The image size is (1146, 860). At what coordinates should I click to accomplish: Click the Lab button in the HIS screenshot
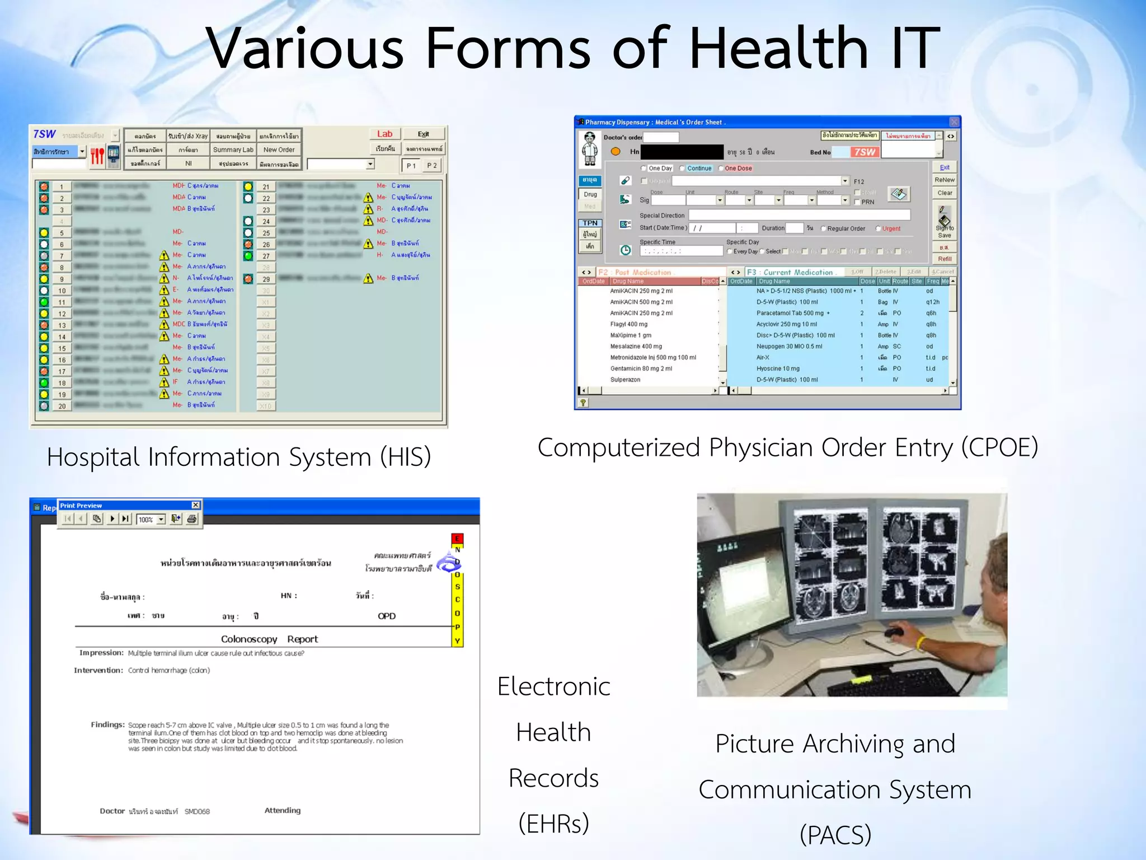click(384, 134)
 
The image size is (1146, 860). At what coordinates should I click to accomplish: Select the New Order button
click(279, 150)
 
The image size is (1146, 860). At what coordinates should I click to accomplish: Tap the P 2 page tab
click(431, 166)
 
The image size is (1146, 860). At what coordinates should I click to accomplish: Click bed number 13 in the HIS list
click(62, 325)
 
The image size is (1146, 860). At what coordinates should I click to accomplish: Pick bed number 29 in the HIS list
click(266, 279)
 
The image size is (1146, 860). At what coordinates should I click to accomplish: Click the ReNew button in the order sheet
click(945, 180)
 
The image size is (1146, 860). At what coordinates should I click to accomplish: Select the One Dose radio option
click(738, 169)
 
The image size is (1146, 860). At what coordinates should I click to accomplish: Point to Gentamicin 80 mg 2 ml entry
click(641, 368)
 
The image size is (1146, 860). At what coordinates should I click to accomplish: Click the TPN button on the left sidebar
click(590, 223)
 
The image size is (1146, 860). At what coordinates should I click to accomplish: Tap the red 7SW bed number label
click(865, 152)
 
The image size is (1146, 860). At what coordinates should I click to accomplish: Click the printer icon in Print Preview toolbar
click(192, 519)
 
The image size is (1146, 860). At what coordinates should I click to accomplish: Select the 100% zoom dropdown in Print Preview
click(152, 520)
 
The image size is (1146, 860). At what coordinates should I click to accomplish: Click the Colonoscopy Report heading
click(269, 639)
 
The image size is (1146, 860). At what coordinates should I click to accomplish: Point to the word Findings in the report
click(107, 725)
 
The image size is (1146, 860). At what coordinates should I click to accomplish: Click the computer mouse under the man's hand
click(894, 633)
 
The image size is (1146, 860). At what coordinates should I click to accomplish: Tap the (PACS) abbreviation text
click(835, 834)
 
